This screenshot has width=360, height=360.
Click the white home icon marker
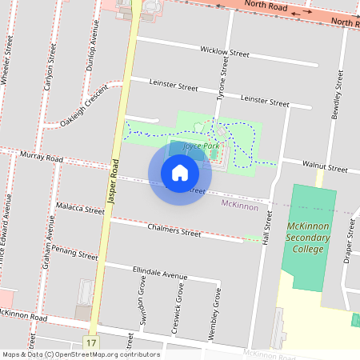tap(180, 172)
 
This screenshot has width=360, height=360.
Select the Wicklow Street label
tap(226, 52)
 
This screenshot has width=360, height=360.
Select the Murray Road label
tap(42, 158)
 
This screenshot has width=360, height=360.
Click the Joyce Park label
tap(200, 147)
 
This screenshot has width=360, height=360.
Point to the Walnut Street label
tap(325, 169)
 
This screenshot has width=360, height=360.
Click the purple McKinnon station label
tap(240, 206)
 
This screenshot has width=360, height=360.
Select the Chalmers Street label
tap(174, 231)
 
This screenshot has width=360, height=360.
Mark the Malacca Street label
tap(81, 209)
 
